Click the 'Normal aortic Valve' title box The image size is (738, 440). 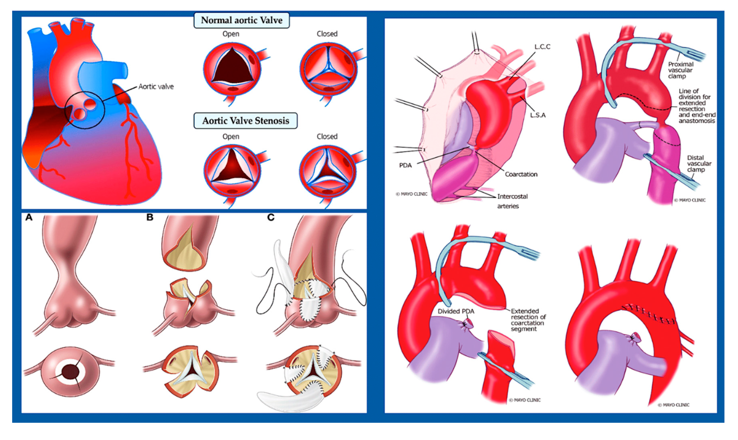click(242, 20)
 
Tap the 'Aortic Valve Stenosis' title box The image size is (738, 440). click(245, 121)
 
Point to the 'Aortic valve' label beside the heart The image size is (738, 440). click(156, 87)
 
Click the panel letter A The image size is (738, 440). click(29, 217)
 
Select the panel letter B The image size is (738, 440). click(150, 217)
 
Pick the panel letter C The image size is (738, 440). click(271, 217)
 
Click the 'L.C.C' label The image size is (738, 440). click(542, 47)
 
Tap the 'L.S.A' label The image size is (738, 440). click(538, 115)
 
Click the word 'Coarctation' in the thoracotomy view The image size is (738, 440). click(521, 174)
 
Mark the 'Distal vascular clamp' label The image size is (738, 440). click(699, 163)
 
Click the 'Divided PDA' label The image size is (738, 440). click(456, 311)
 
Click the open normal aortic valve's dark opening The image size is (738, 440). click(232, 67)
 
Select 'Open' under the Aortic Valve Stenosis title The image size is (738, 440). click(231, 137)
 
